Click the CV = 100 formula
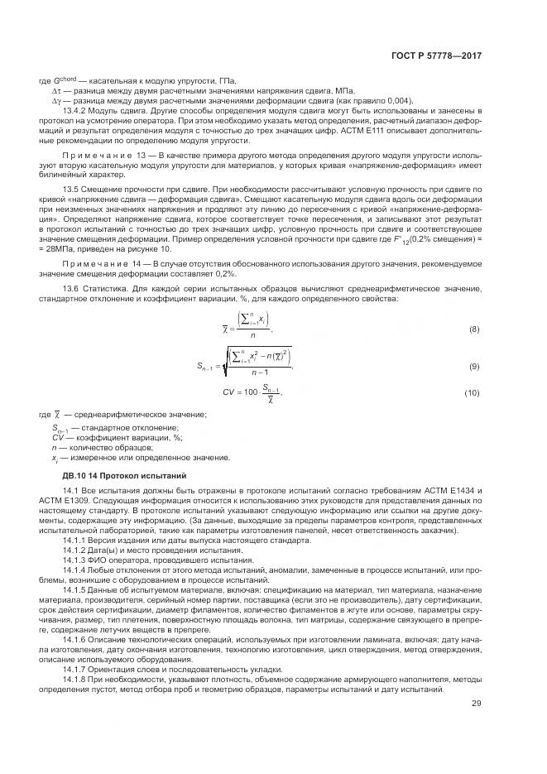[x=252, y=392]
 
